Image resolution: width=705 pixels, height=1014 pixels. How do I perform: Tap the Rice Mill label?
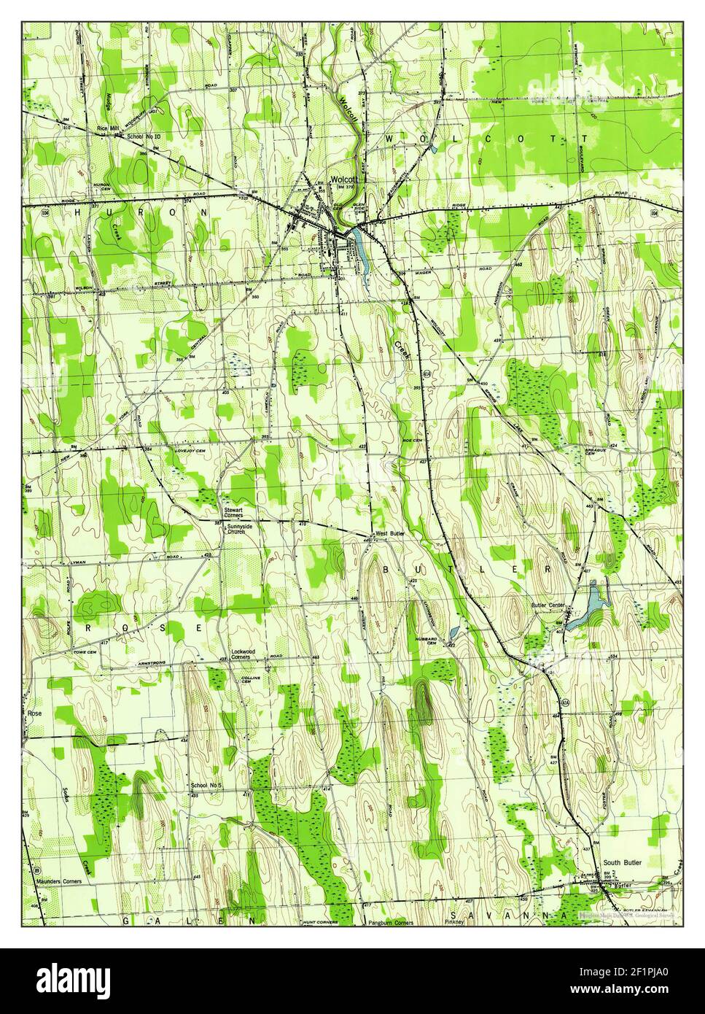click(108, 128)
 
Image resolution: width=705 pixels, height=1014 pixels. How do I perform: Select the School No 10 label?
click(143, 136)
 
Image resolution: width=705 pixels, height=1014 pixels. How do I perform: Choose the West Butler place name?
click(390, 535)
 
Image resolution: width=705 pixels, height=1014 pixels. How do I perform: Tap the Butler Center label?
click(548, 605)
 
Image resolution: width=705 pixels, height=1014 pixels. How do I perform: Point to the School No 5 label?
click(204, 785)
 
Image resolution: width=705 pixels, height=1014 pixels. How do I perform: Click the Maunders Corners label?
click(58, 881)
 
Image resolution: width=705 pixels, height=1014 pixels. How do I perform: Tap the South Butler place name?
click(622, 862)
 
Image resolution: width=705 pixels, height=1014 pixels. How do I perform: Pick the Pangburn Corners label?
click(389, 923)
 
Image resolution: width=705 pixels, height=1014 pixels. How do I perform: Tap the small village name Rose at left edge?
click(34, 713)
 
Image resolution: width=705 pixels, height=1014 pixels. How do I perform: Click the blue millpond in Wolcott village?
click(359, 247)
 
